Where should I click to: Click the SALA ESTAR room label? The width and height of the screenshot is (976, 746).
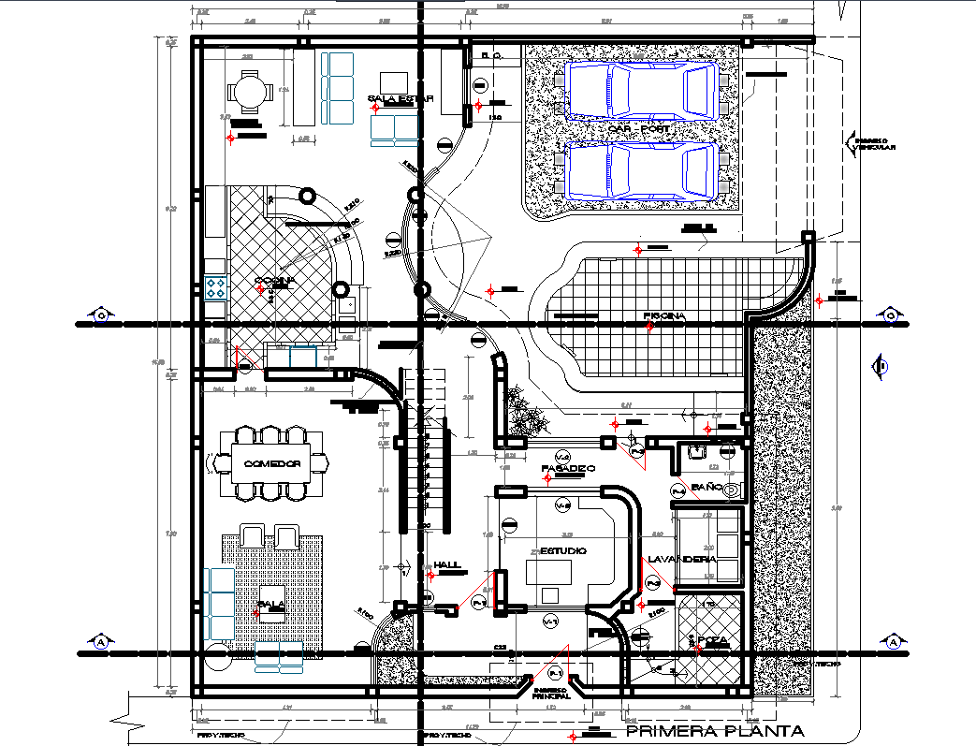pyautogui.click(x=393, y=98)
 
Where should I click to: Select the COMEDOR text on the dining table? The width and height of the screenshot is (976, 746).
pyautogui.click(x=271, y=464)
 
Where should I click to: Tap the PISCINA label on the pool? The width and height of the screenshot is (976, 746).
pyautogui.click(x=665, y=316)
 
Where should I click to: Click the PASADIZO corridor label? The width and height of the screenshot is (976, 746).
pyautogui.click(x=568, y=467)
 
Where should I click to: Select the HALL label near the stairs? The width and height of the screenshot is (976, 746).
pyautogui.click(x=447, y=565)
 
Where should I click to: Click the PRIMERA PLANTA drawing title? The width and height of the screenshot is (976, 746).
pyautogui.click(x=713, y=731)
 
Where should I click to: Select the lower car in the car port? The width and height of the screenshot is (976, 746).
pyautogui.click(x=641, y=170)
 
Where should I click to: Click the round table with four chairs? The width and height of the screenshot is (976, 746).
pyautogui.click(x=250, y=94)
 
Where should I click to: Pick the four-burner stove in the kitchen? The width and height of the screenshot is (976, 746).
pyautogui.click(x=215, y=285)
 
